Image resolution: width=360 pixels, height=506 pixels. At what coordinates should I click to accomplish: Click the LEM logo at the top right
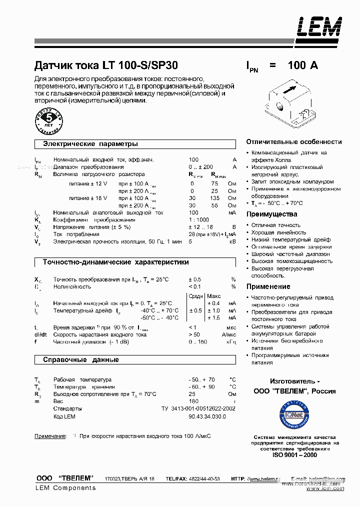coord(320,27)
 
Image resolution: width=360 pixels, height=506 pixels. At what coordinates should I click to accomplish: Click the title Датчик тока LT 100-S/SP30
coord(105,65)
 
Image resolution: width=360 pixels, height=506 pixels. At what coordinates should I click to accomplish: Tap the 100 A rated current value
coord(302,65)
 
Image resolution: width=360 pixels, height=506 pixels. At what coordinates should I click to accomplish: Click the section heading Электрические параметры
coord(90,144)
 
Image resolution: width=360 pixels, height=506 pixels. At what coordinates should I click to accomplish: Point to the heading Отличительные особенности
coord(294,142)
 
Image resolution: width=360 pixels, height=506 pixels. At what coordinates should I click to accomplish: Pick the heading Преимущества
coord(271,214)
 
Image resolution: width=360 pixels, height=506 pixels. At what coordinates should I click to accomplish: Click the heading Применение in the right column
coord(268,286)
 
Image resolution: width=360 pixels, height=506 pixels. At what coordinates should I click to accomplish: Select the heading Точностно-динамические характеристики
coord(115,262)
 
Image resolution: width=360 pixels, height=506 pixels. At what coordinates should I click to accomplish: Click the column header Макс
coord(214,295)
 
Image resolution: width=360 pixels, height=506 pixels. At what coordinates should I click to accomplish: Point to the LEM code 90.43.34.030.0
coord(207,416)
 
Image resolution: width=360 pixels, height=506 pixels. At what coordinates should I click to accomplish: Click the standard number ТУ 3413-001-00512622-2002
coord(198,408)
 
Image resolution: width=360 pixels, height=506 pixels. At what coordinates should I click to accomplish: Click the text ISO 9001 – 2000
coord(294,454)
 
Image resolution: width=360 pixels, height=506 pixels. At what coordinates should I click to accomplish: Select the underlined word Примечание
coord(50,436)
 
